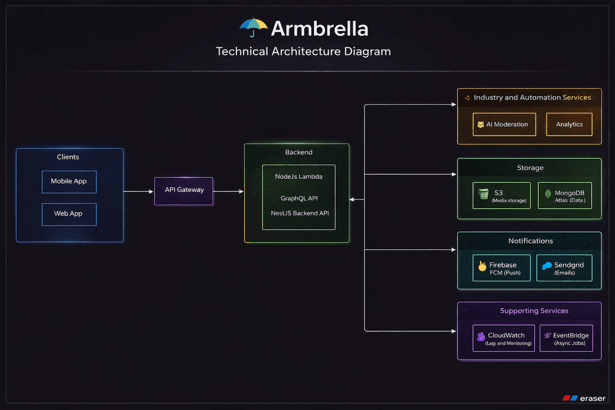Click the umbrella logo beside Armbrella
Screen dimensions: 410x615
253,27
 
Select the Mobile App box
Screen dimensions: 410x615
69,182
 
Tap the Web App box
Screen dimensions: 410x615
69,214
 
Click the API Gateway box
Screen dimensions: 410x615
184,191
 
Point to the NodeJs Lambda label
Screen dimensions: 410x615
298,177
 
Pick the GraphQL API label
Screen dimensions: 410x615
299,198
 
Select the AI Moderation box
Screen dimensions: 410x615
504,124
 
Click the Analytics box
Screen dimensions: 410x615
569,124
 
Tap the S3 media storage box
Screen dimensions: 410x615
502,195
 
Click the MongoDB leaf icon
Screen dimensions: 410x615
548,194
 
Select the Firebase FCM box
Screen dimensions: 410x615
502,268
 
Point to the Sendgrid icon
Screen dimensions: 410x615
547,266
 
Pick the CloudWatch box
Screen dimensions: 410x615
504,338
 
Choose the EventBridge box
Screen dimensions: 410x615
566,338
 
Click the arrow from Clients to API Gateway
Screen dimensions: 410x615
138,191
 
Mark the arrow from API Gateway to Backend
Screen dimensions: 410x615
228,191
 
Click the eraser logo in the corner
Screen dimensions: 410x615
583,398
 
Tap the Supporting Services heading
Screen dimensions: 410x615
534,311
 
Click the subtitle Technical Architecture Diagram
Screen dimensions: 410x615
304,51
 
